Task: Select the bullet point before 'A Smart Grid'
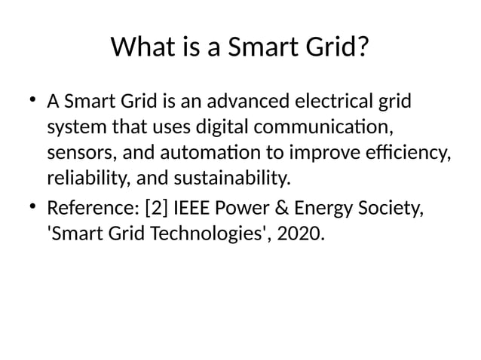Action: [32, 99]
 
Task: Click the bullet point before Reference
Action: [32, 206]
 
